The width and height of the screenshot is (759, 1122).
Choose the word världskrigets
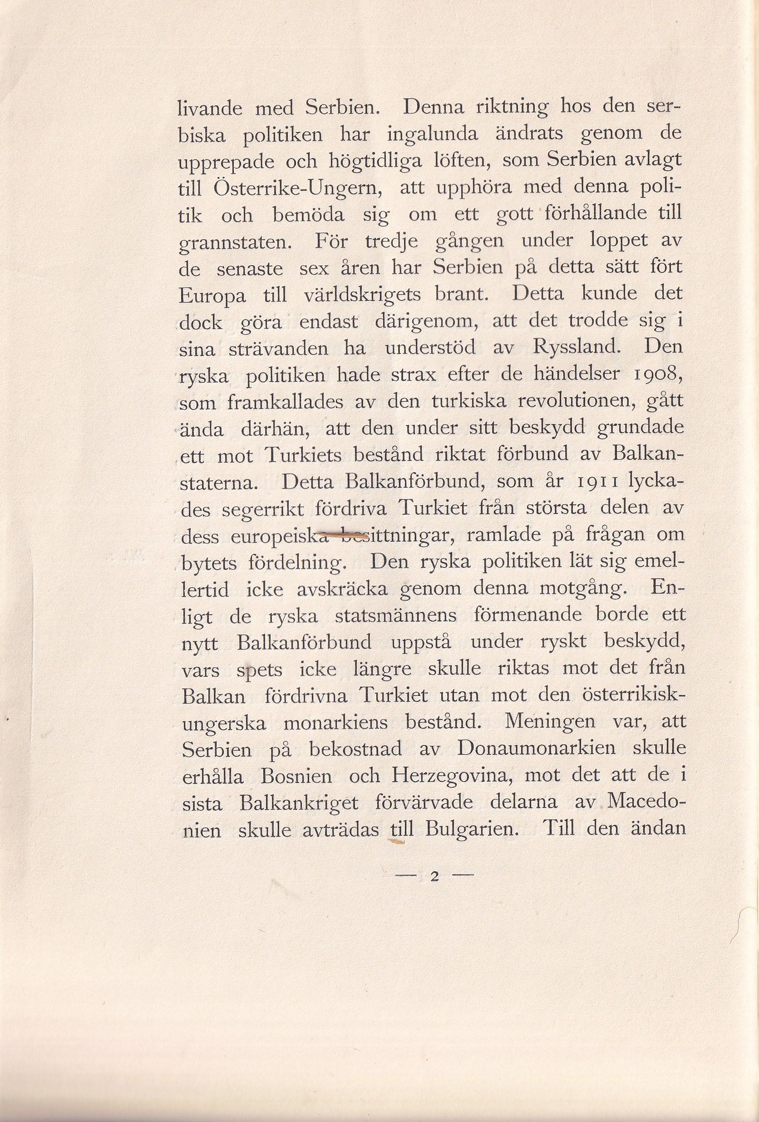click(x=363, y=296)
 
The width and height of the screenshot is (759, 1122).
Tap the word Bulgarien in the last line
click(x=472, y=829)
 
